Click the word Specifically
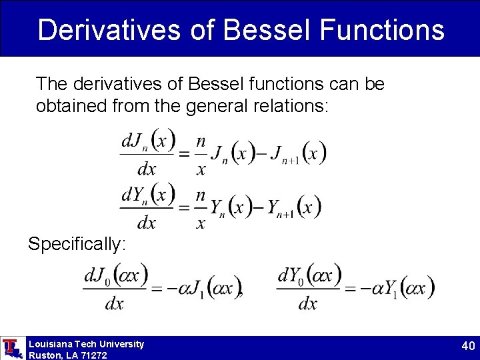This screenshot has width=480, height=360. coord(77,244)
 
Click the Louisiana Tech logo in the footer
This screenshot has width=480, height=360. coord(11,348)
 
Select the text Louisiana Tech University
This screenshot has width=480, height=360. coord(86,344)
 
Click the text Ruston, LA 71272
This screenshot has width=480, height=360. coord(67,355)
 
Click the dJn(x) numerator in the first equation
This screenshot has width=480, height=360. coord(148,142)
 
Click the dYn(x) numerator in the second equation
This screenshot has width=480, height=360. coord(147,195)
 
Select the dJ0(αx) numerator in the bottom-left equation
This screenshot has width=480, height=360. coord(115,276)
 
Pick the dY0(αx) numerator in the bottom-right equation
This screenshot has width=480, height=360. coord(309,275)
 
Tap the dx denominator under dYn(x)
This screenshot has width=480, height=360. coord(147,221)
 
